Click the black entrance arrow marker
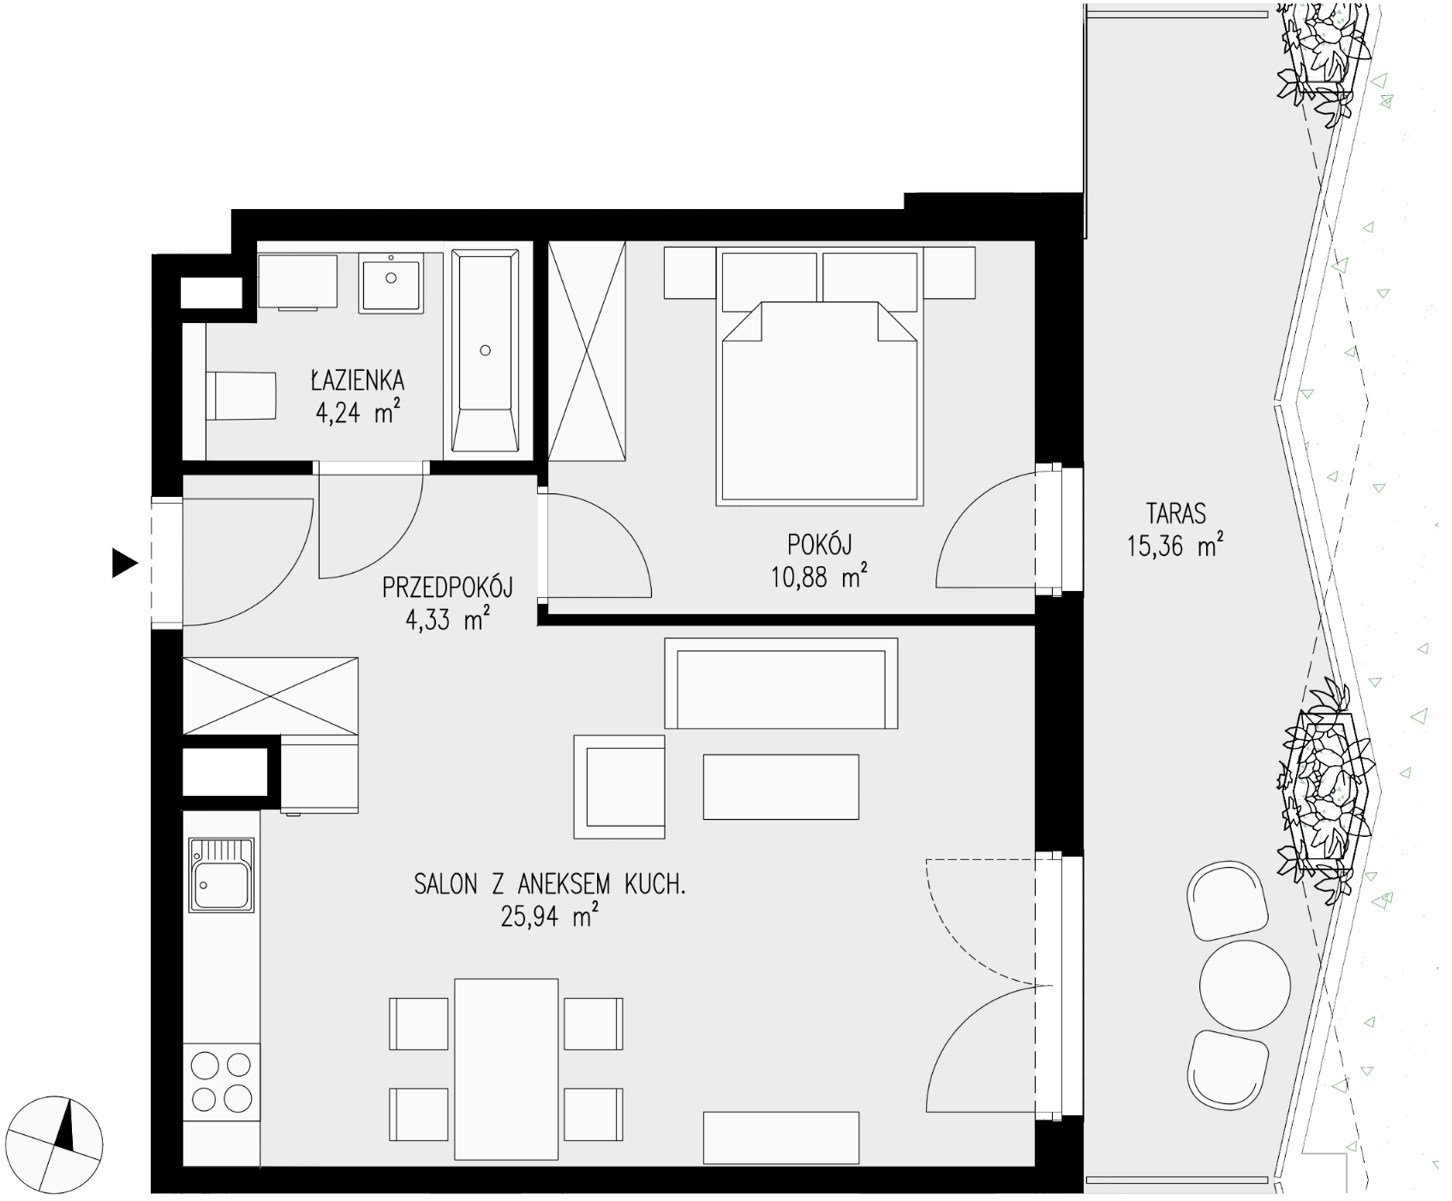click(x=125, y=564)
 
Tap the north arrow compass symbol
click(x=58, y=1140)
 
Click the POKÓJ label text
click(x=821, y=544)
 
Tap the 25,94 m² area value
click(x=549, y=917)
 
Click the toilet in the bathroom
click(x=241, y=396)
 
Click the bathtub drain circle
click(x=486, y=350)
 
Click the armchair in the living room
click(x=619, y=787)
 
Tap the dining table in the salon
click(x=506, y=1068)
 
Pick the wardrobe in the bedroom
click(x=588, y=352)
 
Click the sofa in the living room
click(x=781, y=684)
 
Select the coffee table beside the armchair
click(x=780, y=786)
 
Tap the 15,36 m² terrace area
click(x=1174, y=546)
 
